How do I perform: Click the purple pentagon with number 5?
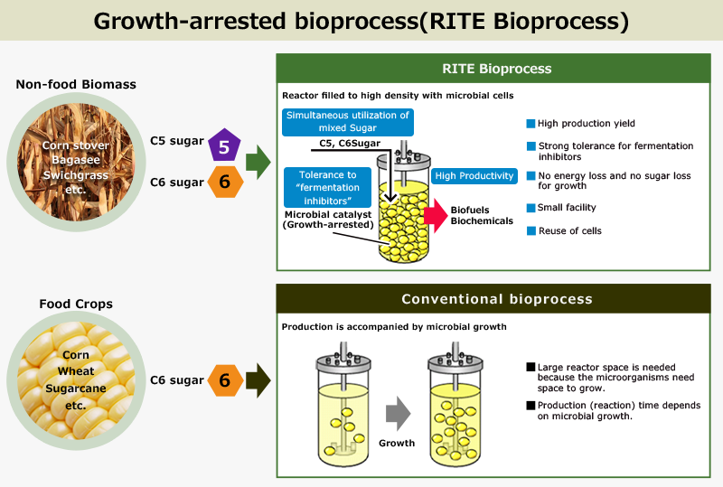click(x=225, y=145)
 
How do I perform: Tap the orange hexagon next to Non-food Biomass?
click(x=225, y=183)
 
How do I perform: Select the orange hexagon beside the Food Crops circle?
click(x=225, y=380)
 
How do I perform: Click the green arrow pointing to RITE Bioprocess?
click(x=258, y=164)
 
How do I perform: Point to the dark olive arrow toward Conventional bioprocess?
click(x=258, y=380)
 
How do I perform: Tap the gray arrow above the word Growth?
click(x=397, y=415)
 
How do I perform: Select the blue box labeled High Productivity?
click(x=474, y=176)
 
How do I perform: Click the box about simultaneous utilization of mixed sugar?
click(x=348, y=122)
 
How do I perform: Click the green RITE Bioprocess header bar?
click(x=496, y=69)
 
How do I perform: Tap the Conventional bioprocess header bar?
click(x=496, y=299)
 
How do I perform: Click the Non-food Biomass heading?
click(x=76, y=85)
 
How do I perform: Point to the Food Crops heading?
click(x=76, y=304)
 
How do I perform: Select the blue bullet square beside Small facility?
click(x=531, y=208)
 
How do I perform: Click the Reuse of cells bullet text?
click(x=569, y=230)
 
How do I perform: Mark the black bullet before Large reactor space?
click(x=531, y=367)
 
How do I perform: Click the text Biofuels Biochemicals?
click(x=481, y=216)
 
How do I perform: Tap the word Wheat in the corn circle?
click(x=76, y=371)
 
